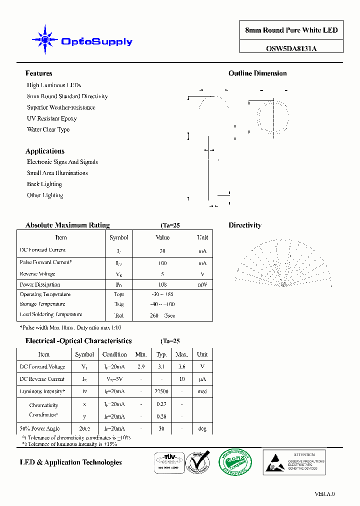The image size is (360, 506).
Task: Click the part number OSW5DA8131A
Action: (291, 48)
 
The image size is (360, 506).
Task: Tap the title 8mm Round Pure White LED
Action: (291, 30)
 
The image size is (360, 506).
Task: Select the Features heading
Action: (38, 73)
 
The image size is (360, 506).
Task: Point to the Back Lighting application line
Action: (44, 184)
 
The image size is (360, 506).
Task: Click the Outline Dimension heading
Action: (257, 73)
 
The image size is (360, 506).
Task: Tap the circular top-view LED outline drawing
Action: (272, 115)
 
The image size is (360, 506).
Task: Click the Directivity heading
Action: (244, 225)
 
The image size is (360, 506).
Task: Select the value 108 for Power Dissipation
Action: (162, 284)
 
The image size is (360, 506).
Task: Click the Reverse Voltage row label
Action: (37, 274)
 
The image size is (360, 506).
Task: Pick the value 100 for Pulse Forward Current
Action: (162, 263)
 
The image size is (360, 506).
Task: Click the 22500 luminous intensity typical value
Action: (161, 391)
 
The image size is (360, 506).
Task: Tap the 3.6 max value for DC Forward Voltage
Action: (181, 366)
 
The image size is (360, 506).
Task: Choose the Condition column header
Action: (114, 354)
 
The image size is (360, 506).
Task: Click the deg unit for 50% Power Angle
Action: (202, 428)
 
